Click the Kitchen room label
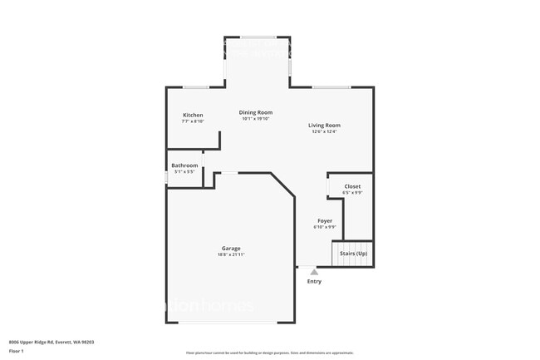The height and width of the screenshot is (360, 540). pyautogui.click(x=193, y=115)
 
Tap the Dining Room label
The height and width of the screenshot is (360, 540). pyautogui.click(x=256, y=112)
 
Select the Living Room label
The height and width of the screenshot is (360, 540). pyautogui.click(x=325, y=126)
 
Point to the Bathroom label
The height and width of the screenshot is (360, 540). pyautogui.click(x=184, y=165)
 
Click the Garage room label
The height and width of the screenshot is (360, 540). pyautogui.click(x=231, y=249)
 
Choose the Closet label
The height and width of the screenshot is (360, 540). pyautogui.click(x=352, y=186)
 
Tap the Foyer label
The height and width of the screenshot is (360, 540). pyautogui.click(x=325, y=221)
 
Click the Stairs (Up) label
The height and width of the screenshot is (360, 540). pyautogui.click(x=353, y=253)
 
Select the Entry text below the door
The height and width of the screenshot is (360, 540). pyautogui.click(x=314, y=281)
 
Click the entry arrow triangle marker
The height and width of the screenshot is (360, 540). pyautogui.click(x=314, y=272)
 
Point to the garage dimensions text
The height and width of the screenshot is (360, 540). pyautogui.click(x=231, y=254)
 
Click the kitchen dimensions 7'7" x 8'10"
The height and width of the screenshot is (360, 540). pyautogui.click(x=193, y=121)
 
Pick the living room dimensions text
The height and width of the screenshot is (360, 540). pyautogui.click(x=325, y=131)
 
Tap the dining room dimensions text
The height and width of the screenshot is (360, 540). pyautogui.click(x=256, y=118)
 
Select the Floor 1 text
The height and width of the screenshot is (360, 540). pyautogui.click(x=17, y=352)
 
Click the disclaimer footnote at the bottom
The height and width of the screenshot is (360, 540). pyautogui.click(x=269, y=353)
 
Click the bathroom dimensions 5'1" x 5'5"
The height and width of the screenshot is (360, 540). pyautogui.click(x=184, y=172)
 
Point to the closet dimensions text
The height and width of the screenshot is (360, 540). pyautogui.click(x=352, y=192)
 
